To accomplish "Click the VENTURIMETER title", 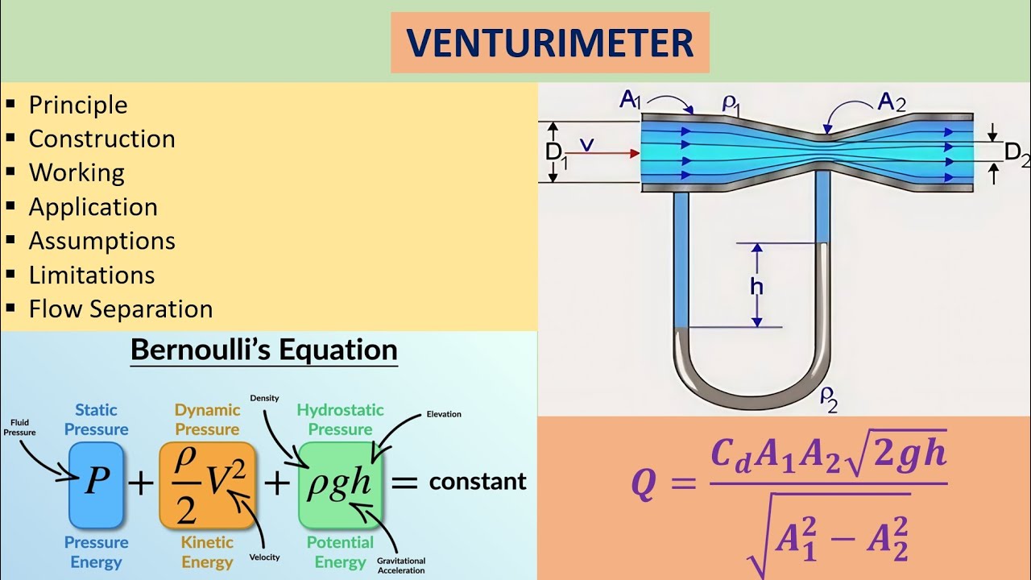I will click(550, 42).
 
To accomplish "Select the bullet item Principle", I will click(78, 105).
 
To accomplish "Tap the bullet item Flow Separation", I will click(121, 309).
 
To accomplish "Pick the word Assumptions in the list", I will click(101, 241).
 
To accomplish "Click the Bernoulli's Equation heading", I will click(263, 350).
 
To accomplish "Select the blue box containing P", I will click(97, 483).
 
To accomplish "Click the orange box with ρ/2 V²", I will click(207, 483).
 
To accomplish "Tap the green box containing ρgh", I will click(339, 483).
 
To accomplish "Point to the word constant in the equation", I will click(478, 482).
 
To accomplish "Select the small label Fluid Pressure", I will click(19, 427).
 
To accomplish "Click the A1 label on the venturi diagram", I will click(629, 100).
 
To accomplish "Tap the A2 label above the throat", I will click(891, 101).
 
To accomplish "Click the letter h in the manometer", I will click(757, 287).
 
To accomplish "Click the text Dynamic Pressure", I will click(207, 420).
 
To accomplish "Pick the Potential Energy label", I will click(340, 552).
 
